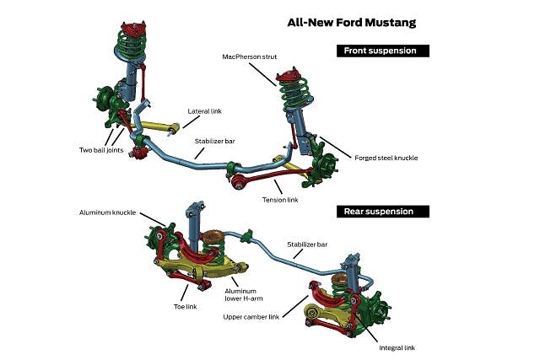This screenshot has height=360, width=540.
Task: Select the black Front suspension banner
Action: coord(382,51)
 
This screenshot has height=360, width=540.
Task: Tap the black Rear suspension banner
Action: coord(381,211)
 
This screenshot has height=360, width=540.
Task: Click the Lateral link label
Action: coord(203,110)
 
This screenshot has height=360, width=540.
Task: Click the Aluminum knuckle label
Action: coord(109,213)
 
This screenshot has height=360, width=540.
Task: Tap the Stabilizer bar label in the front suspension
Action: coord(213,142)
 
